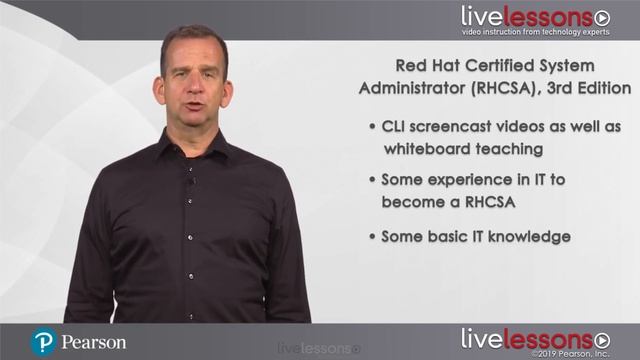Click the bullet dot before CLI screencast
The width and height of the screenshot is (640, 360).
click(x=372, y=128)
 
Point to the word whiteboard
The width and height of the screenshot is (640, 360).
click(x=420, y=149)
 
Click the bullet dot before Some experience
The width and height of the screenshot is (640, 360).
click(x=372, y=180)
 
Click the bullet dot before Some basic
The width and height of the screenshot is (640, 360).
click(x=372, y=237)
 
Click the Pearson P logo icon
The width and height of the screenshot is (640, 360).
click(x=43, y=342)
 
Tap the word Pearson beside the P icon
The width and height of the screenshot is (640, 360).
click(x=94, y=342)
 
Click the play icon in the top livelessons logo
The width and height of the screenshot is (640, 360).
click(x=601, y=17)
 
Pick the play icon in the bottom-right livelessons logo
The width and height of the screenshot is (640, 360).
click(x=601, y=338)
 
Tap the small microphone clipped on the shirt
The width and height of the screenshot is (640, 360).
click(x=192, y=180)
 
